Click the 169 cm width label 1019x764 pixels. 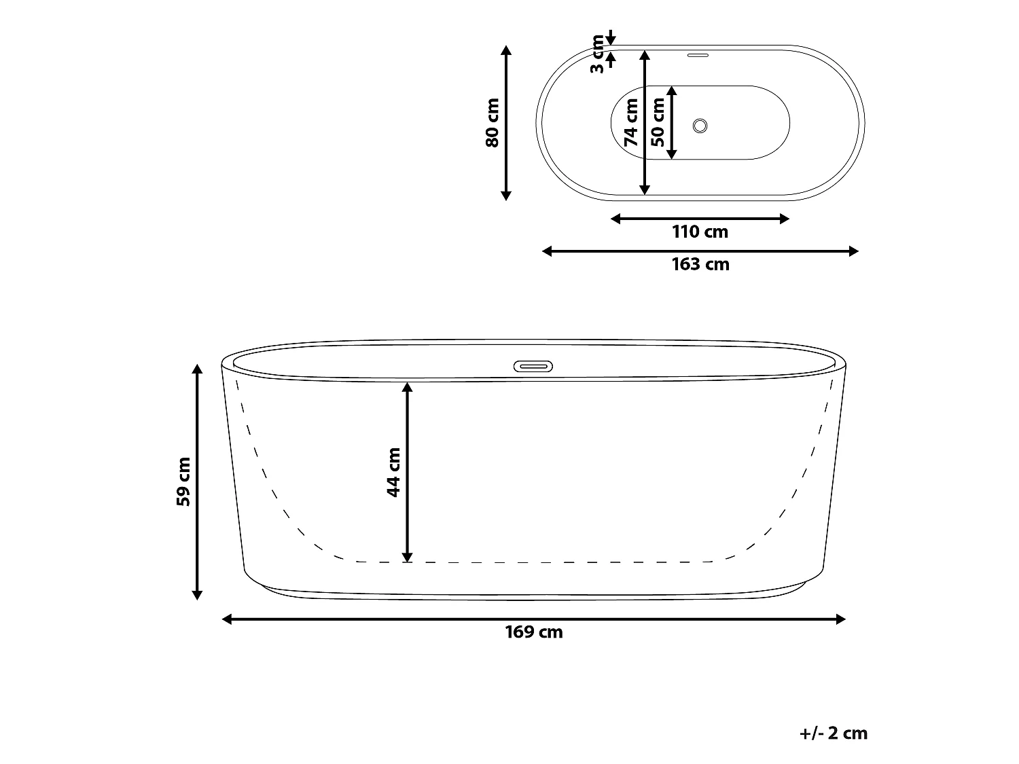tap(534, 632)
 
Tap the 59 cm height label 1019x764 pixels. tap(184, 481)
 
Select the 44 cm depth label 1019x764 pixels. tap(393, 472)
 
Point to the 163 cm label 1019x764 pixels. tap(700, 264)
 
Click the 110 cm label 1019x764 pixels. tap(700, 232)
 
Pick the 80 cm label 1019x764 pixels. tap(492, 123)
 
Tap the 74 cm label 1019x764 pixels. tap(631, 123)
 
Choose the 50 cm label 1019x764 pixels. tap(658, 123)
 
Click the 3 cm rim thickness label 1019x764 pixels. tap(597, 54)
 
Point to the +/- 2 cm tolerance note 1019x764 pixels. tap(834, 733)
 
